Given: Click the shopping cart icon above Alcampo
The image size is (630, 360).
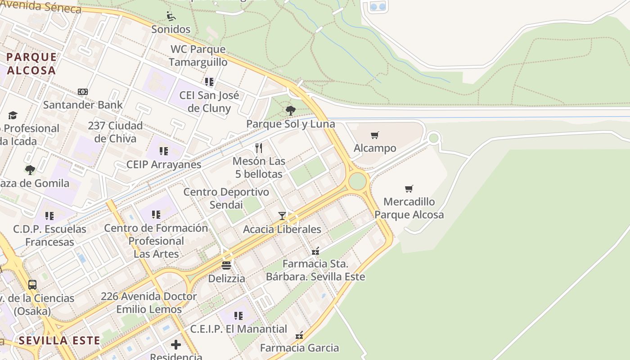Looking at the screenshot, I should coord(375,135).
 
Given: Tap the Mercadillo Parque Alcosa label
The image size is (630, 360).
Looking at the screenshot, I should coord(409,208).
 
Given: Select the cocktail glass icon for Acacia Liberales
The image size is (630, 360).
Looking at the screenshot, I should coord(282,216).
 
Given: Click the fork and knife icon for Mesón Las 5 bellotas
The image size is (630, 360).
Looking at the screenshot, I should coord(259,148).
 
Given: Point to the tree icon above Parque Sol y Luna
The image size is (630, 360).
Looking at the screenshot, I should coord(291,110).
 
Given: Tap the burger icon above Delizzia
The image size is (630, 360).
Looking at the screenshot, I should coord(226,265).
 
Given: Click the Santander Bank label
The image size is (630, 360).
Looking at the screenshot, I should coord(83,105).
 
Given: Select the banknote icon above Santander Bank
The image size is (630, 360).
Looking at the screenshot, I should coord(83,92).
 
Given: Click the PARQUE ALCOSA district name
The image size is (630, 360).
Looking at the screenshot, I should coord(31,63).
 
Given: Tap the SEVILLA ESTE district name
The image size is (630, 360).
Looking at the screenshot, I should coord(59,340).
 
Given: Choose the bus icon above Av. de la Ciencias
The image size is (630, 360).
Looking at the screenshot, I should coord(32,284).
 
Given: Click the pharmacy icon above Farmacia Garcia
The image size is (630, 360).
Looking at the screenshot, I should coord(299,335).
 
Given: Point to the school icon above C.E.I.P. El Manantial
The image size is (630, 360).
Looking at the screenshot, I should coord(238,315).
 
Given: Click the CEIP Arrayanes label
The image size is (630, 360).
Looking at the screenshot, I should coord(164,164).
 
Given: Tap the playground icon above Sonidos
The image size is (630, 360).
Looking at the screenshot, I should coord(171,16).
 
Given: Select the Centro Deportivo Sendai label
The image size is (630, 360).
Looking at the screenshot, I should coord(226,198).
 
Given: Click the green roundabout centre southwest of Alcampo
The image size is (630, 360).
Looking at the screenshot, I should coord(358,181).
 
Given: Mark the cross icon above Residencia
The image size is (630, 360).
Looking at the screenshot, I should coord(176,345).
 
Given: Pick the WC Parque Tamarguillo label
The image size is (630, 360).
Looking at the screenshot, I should coord(198,55).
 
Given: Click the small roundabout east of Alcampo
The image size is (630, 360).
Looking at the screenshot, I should coord(434,138).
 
